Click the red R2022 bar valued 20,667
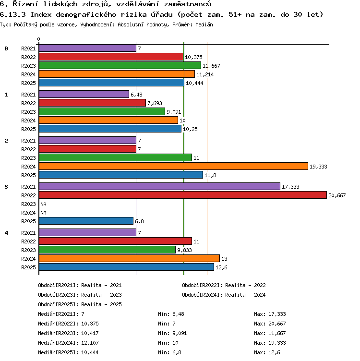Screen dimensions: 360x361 [183, 195]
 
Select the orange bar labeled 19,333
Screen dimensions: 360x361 [173, 166]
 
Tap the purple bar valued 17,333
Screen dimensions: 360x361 [159, 186]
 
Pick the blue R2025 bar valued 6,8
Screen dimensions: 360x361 [86, 221]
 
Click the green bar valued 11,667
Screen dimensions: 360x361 [120, 65]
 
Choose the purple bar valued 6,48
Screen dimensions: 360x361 [84, 94]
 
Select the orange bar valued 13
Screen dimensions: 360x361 [130, 258]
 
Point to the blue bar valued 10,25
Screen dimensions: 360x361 [110, 129]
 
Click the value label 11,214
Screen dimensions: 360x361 [205, 74]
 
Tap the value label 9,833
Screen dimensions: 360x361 [184, 250]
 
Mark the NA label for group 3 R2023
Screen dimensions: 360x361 [43, 204]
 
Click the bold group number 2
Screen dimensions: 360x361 [6, 141]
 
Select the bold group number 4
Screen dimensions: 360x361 [6, 233]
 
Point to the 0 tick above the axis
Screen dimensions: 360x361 [38, 39]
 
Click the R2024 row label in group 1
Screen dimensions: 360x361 [28, 120]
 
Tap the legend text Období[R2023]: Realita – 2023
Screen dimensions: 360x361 [80, 295]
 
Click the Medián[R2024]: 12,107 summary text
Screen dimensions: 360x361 [68, 343]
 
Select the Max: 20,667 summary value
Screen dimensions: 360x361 [270, 324]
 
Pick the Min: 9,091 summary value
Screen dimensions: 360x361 [172, 333]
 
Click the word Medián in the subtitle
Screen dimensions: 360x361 [204, 24]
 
